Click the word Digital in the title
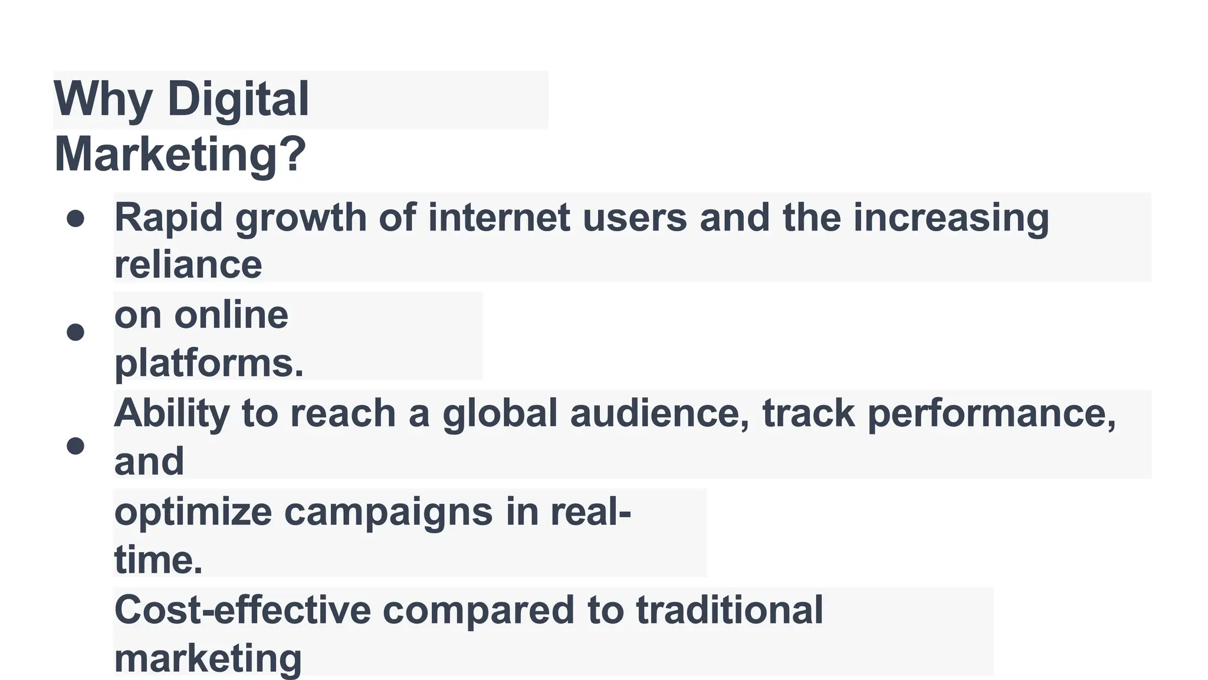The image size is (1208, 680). [238, 99]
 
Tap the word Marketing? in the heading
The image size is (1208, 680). [180, 155]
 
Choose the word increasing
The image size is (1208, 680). [951, 218]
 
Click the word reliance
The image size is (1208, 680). [188, 265]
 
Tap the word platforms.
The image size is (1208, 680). [209, 363]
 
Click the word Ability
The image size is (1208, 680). [172, 414]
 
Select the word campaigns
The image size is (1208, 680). [388, 512]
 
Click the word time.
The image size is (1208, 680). [158, 560]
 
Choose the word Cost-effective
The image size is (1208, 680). [242, 609]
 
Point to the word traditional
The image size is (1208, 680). [729, 609]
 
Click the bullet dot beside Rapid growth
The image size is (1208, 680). [75, 219]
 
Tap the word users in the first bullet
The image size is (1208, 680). [635, 217]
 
